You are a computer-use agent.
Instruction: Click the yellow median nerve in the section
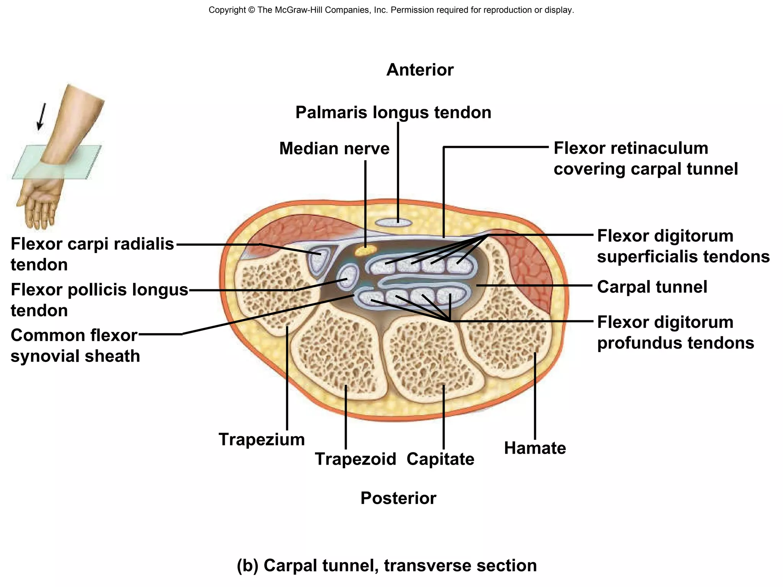(x=365, y=251)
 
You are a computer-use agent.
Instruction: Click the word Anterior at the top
(x=420, y=70)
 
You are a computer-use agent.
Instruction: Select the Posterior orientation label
(x=398, y=498)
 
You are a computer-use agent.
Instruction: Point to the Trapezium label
(x=262, y=439)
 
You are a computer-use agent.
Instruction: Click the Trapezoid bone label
(x=355, y=459)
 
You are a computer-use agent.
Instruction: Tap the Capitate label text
(x=440, y=459)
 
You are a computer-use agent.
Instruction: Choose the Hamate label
(x=534, y=448)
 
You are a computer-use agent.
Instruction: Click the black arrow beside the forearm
(x=41, y=117)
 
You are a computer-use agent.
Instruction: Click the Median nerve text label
(x=334, y=149)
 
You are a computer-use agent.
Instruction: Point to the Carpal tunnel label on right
(x=652, y=287)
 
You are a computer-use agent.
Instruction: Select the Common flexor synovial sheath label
(x=75, y=345)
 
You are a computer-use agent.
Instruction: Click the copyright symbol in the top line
(x=251, y=10)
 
